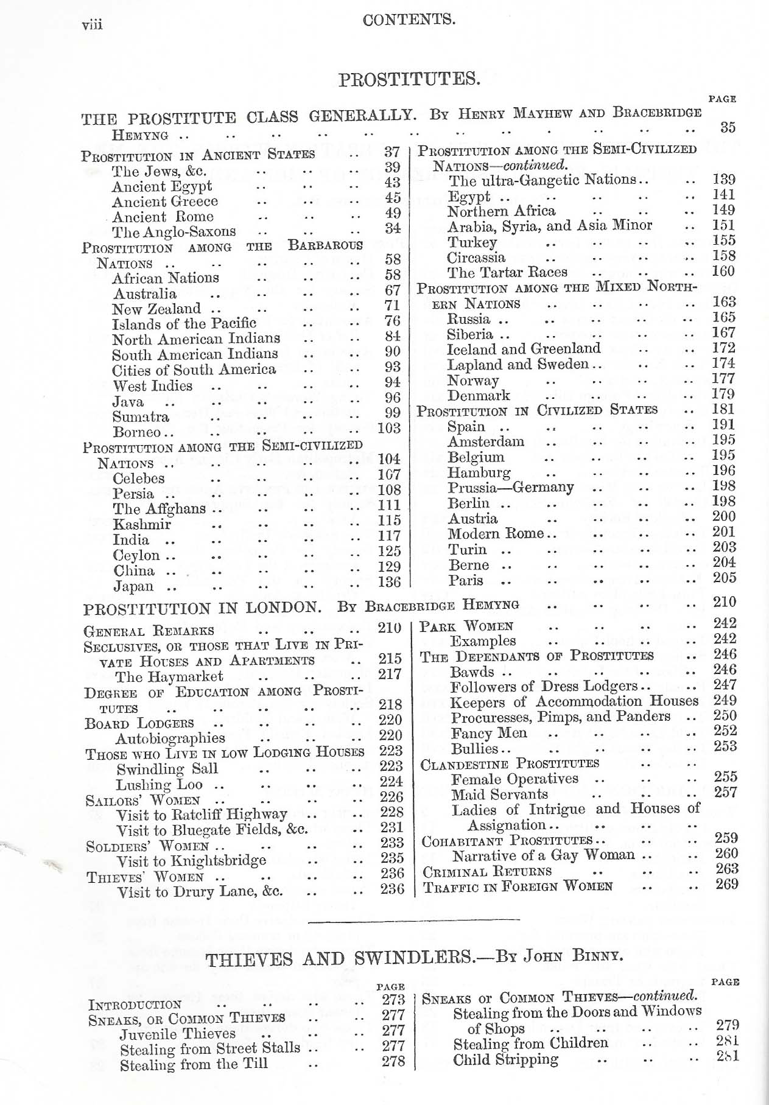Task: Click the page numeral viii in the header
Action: coord(92,24)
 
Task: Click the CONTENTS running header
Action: coord(409,19)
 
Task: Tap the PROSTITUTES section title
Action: coord(409,79)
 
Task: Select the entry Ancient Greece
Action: coord(164,202)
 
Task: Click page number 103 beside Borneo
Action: coord(389,428)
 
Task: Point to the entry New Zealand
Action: coord(156,309)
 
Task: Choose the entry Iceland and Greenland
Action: coord(524,349)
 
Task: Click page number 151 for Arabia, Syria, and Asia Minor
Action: coord(723,225)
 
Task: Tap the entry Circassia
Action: coord(476,257)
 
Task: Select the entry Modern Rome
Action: coord(496,534)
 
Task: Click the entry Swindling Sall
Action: coord(167,768)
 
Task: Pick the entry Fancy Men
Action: coord(489,733)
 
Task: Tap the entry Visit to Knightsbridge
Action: coord(191,860)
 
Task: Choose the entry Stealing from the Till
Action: coord(194,1064)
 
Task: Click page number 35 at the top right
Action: coord(727,127)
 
